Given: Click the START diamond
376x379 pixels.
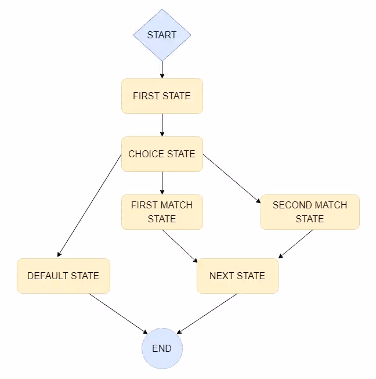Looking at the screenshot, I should pyautogui.click(x=162, y=35).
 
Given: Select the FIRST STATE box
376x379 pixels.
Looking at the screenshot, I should pyautogui.click(x=162, y=96).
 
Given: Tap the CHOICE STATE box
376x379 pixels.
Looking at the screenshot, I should pyautogui.click(x=162, y=154).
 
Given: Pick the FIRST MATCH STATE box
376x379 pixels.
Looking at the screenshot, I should pyautogui.click(x=162, y=212).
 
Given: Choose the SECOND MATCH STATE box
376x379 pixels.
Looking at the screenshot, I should pyautogui.click(x=310, y=212).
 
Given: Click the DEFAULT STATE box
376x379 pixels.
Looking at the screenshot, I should pyautogui.click(x=63, y=276).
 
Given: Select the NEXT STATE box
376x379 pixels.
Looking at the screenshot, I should pyautogui.click(x=237, y=276).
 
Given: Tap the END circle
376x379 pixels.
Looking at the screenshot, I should pyautogui.click(x=162, y=349).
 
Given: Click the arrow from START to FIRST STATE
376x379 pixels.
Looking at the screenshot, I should pyautogui.click(x=162, y=70).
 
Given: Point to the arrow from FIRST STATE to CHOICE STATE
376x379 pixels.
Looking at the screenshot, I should pyautogui.click(x=162, y=125).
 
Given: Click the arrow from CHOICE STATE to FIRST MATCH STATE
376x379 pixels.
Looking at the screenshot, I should pyautogui.click(x=162, y=183).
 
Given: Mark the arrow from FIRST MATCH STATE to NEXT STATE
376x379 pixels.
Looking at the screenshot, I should pyautogui.click(x=180, y=244).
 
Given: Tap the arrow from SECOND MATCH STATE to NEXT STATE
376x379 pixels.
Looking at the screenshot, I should pyautogui.click(x=296, y=244).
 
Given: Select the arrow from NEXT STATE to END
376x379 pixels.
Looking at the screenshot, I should pyautogui.click(x=207, y=313).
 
